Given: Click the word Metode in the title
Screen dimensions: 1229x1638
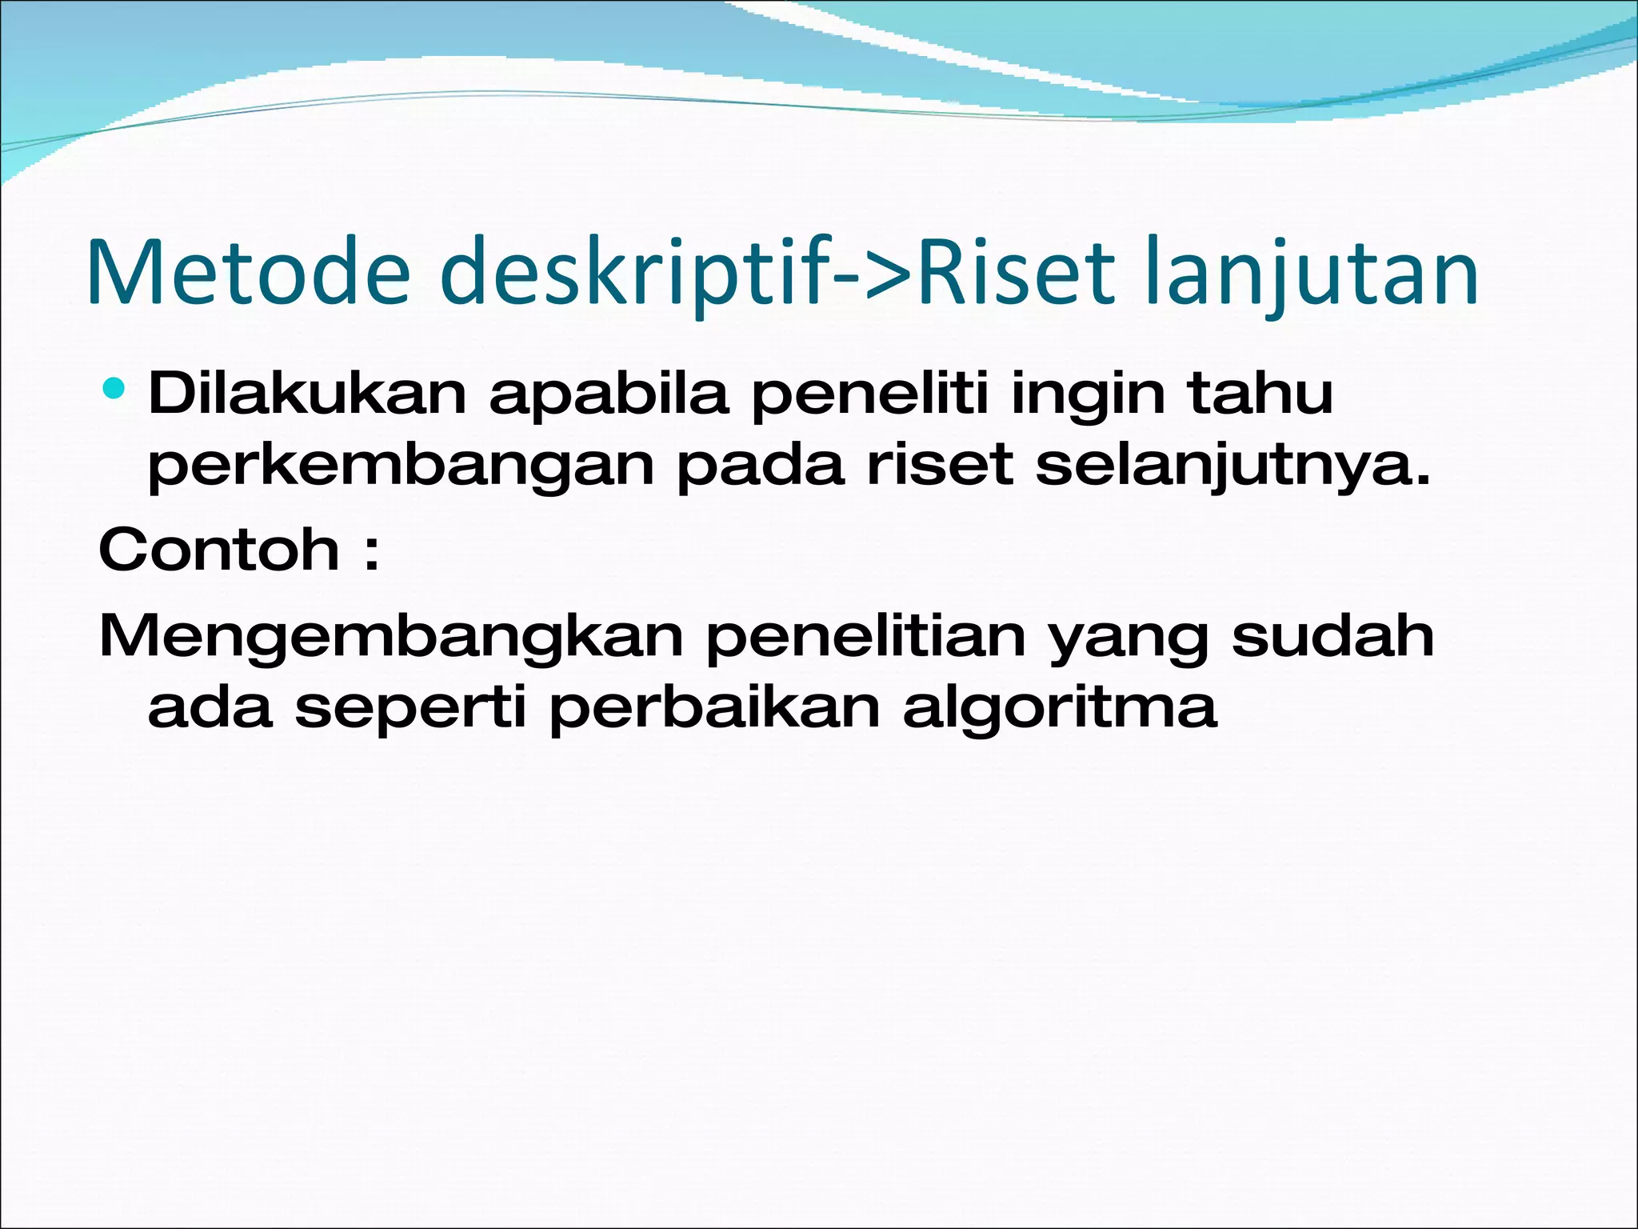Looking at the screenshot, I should point(248,272).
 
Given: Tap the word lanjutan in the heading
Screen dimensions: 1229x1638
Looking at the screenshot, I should point(1312,272).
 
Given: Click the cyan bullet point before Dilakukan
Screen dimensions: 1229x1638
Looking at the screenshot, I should point(114,390).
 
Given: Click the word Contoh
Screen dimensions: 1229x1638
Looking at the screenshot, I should point(219,550).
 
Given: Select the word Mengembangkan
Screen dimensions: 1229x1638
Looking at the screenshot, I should point(391,638).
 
